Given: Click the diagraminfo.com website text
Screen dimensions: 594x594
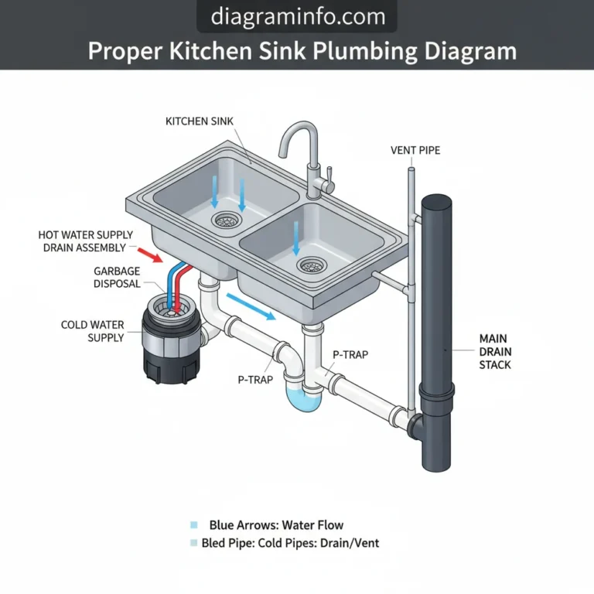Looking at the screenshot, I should point(296,16).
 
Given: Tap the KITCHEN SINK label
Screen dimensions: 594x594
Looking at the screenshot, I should point(200,121).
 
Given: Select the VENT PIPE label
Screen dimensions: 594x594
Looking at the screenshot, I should point(415,149).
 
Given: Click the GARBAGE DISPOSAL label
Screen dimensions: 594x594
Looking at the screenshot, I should point(117,278).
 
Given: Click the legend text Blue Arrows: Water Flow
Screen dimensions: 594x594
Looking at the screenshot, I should point(276,525).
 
